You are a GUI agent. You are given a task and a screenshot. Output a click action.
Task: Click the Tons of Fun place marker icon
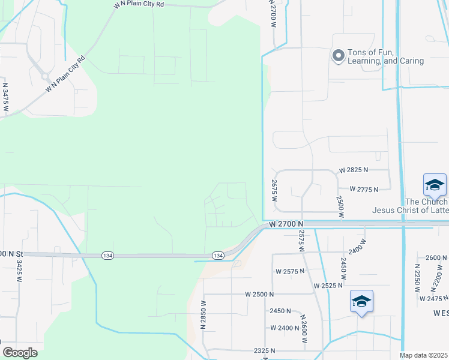point(338,56)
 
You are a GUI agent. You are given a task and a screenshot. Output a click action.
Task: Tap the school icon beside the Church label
point(435,185)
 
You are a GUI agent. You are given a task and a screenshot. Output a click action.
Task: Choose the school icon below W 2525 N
point(361,302)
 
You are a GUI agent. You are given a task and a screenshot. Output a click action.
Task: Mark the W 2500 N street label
point(259,295)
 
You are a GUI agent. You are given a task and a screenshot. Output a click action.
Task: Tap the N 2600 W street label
point(304,329)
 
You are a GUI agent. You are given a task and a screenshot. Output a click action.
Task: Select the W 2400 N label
point(285,328)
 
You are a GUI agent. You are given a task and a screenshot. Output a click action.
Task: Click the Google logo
point(20,352)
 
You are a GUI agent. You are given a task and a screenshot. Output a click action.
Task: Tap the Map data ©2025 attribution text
point(423,356)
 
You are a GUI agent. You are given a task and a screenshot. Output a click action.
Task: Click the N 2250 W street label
point(417,278)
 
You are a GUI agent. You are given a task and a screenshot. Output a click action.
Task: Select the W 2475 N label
point(435,299)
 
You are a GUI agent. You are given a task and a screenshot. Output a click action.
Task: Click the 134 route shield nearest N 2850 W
point(218,256)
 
